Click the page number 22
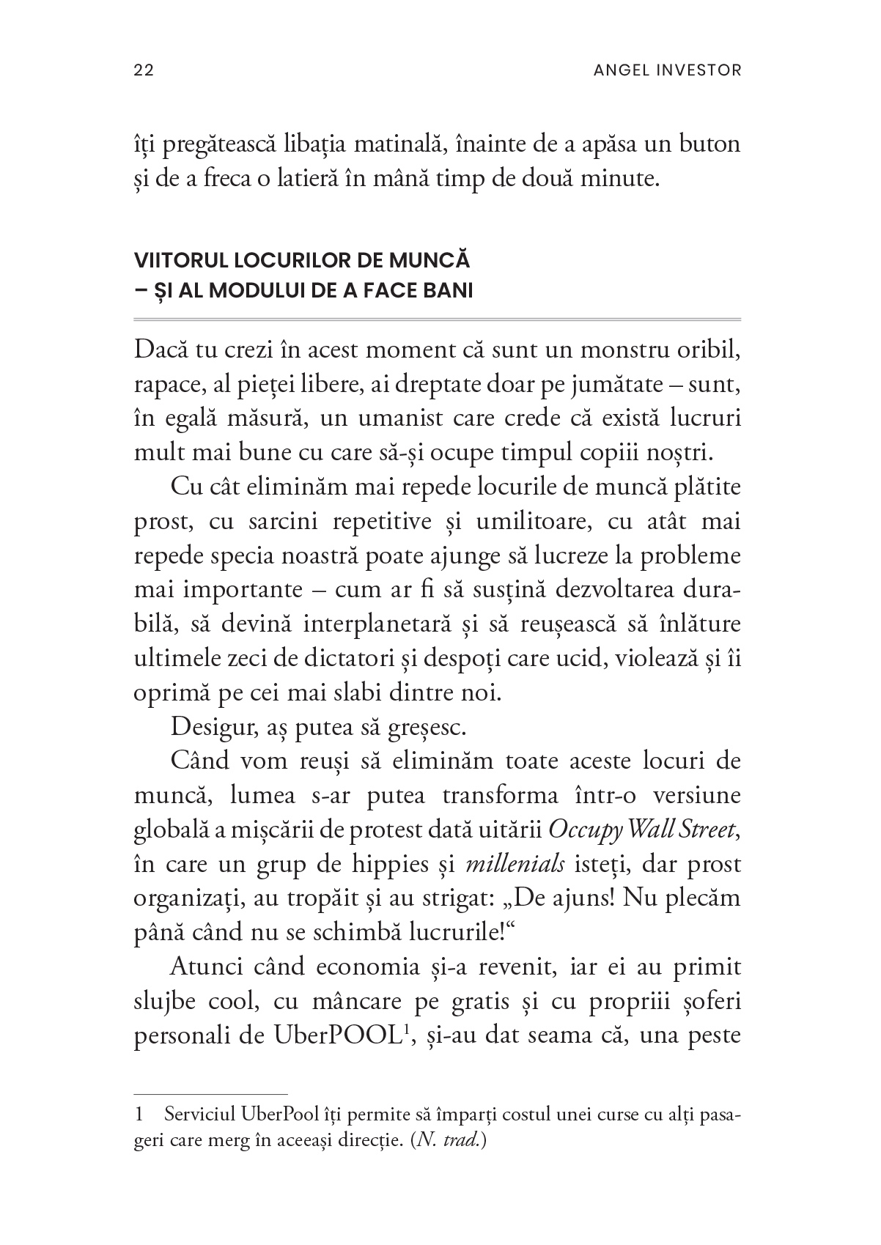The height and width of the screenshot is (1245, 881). tap(143, 70)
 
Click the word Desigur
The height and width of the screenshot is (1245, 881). tap(207, 727)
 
